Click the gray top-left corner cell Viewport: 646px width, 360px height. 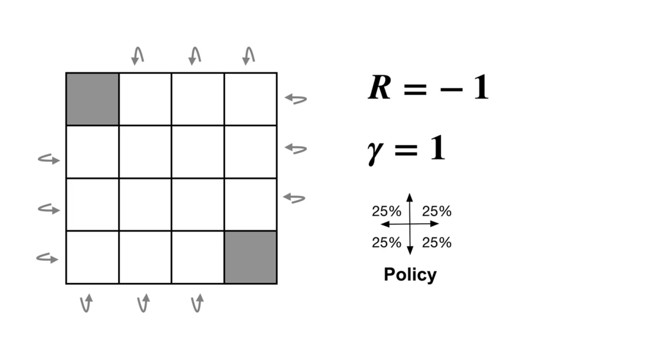click(92, 99)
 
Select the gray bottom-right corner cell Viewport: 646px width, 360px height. click(250, 257)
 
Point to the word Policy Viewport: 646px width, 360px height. click(410, 274)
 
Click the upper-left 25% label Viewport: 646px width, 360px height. click(386, 211)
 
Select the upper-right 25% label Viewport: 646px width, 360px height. click(436, 211)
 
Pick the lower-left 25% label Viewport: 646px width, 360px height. click(386, 243)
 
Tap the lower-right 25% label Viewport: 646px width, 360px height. click(436, 243)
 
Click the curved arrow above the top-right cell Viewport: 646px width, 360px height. click(249, 56)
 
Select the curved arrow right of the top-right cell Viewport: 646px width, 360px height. click(296, 98)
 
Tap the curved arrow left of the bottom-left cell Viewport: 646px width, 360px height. click(48, 258)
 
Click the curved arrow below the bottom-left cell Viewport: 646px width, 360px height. click(86, 303)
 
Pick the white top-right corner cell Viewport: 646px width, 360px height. click(250, 99)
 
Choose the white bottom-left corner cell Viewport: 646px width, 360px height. click(92, 257)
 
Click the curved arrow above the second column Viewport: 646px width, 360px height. click(138, 56)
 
